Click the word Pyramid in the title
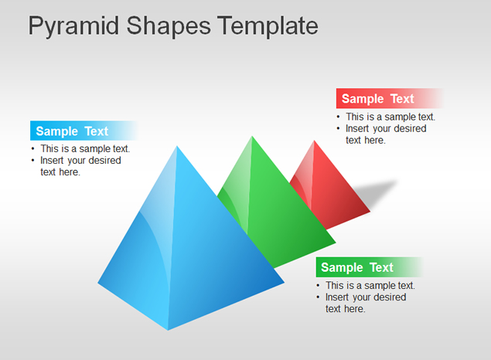[74, 27]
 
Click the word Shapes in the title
[169, 27]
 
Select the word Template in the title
[268, 27]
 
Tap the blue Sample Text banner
[84, 131]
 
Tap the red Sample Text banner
[390, 99]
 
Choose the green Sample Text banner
[370, 267]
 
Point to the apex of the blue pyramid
[177, 146]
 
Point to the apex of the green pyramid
[252, 137]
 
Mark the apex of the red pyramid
[314, 141]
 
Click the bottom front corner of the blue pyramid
[168, 330]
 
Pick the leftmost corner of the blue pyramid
[98, 283]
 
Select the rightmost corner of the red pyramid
[370, 212]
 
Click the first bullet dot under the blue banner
[33, 148]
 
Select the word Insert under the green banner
[336, 297]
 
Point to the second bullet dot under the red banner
[338, 128]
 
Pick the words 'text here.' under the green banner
[346, 309]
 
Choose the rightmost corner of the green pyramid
[336, 242]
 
